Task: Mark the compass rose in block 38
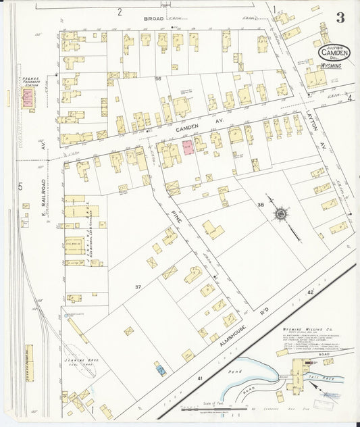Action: click(x=279, y=215)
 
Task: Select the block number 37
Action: click(x=138, y=287)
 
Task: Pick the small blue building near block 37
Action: click(x=161, y=369)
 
